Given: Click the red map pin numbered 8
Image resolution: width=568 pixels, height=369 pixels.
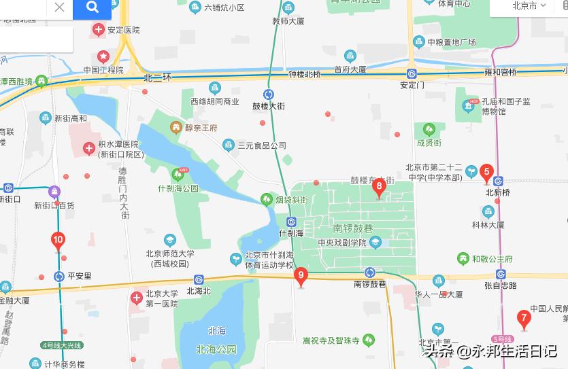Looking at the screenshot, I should click(x=379, y=186).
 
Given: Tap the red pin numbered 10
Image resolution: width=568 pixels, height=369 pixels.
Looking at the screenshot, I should click(x=58, y=240).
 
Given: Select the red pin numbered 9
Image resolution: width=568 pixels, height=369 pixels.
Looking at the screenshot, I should click(x=301, y=276).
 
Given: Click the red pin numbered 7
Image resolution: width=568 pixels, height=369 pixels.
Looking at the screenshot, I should click(x=523, y=317).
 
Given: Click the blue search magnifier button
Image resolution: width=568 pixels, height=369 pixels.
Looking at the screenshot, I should click(x=92, y=7).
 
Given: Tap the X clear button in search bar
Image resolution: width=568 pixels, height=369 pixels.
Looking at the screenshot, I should click(x=59, y=7).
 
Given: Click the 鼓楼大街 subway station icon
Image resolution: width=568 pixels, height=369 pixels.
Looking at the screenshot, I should click(x=269, y=94).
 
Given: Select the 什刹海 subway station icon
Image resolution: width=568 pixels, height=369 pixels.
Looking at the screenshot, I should click(x=291, y=221).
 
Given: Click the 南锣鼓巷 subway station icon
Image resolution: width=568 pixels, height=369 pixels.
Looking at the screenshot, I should click(x=370, y=272).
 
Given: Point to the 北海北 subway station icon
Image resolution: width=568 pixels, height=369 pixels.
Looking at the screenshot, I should click(x=199, y=279).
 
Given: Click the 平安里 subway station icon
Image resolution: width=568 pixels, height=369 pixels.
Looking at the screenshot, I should click(x=59, y=277).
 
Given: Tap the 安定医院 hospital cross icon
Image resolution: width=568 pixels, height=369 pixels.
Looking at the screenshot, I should click(x=99, y=29).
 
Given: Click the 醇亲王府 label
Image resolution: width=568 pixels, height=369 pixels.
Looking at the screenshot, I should click(x=199, y=127).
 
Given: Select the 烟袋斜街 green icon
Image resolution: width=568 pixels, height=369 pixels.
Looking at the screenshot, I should click(x=267, y=200).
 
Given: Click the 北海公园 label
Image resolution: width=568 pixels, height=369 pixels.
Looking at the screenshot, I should click(x=216, y=350).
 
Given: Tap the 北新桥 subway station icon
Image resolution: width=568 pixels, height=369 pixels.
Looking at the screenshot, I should click(x=499, y=181).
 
